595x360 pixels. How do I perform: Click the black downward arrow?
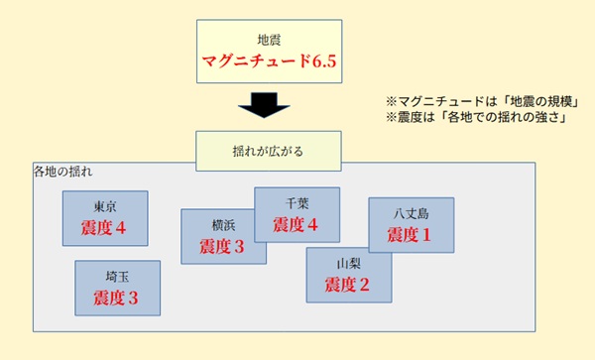[x=263, y=104]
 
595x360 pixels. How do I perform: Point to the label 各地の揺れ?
[x=62, y=173]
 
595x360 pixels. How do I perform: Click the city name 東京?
[x=104, y=206]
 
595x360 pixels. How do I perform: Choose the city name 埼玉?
[x=117, y=276]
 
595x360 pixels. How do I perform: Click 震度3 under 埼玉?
[x=117, y=298]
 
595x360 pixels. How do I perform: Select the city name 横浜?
[x=223, y=224]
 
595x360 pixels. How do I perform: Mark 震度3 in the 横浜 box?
[x=223, y=246]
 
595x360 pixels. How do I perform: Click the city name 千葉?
[x=297, y=202]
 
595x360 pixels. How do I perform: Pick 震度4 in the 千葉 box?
[x=297, y=224]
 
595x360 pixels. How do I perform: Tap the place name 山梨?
[x=348, y=264]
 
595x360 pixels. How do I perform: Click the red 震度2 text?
[x=348, y=286]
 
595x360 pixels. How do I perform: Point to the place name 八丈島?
[x=411, y=213]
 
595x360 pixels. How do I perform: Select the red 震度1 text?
[x=411, y=235]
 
